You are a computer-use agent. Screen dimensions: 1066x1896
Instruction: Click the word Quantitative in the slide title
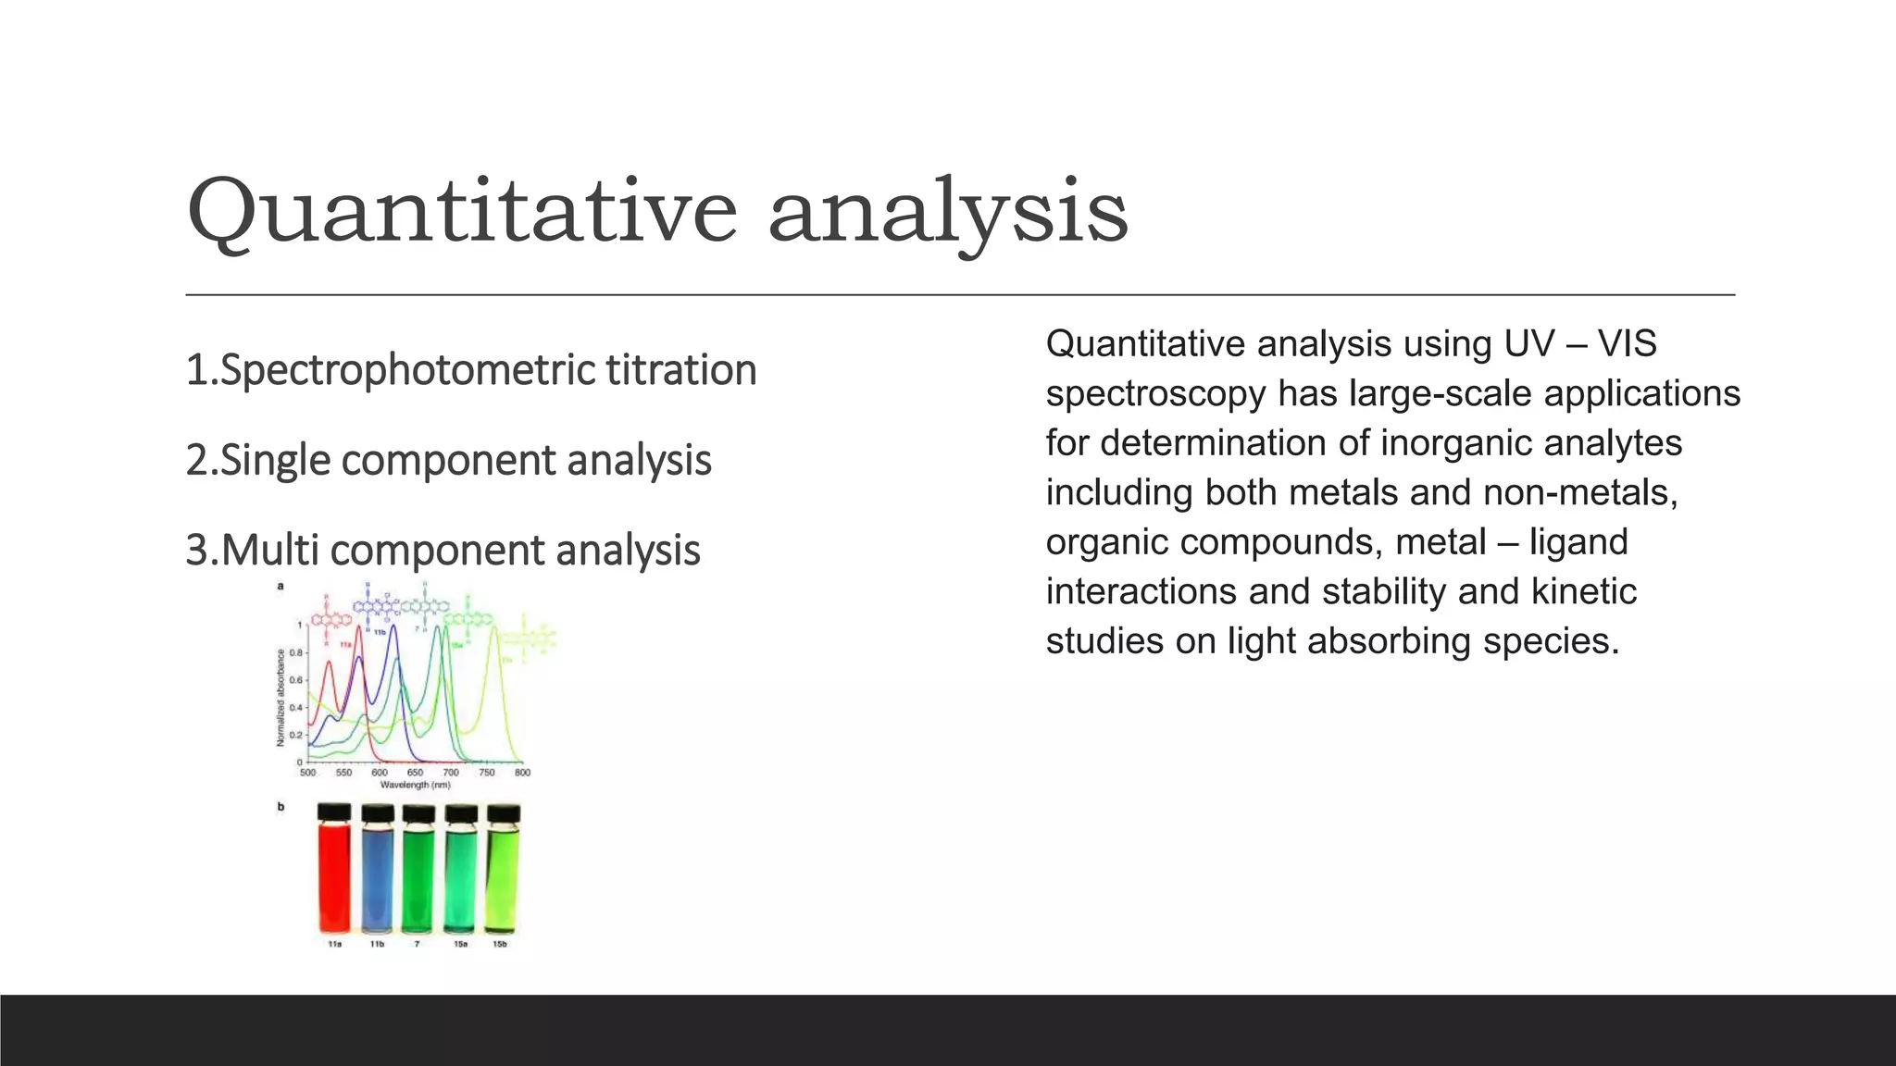click(x=461, y=213)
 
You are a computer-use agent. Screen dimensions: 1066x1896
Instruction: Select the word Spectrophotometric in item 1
click(x=408, y=370)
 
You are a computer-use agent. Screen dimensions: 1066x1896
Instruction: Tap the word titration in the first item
click(x=681, y=370)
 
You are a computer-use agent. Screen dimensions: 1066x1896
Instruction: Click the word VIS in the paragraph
click(x=1627, y=344)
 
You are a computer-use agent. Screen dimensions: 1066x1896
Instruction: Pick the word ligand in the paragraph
click(x=1578, y=542)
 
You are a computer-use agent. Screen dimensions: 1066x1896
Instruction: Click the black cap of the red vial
click(x=334, y=812)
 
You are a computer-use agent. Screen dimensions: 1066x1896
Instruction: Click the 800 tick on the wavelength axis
click(x=522, y=773)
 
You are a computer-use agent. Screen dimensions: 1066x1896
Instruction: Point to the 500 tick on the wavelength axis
click(x=307, y=773)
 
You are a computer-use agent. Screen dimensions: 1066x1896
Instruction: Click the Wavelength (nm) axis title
click(x=415, y=785)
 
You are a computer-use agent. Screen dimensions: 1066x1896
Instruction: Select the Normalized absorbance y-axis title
click(x=281, y=698)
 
